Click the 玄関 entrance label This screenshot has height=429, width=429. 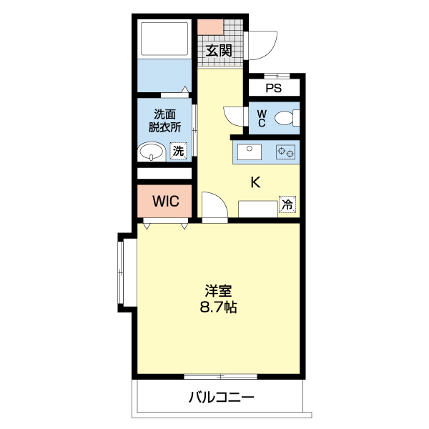click(x=219, y=51)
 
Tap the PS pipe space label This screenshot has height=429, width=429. click(x=274, y=88)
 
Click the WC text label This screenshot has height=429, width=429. click(x=262, y=118)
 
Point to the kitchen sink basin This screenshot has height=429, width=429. click(x=250, y=152)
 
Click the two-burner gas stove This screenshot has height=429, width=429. click(x=285, y=152)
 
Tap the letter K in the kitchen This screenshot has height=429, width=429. click(x=255, y=182)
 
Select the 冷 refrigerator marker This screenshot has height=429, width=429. click(x=287, y=204)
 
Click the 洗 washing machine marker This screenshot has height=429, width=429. click(x=178, y=151)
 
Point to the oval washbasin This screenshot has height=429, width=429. click(x=151, y=152)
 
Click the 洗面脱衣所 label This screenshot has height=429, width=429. click(x=164, y=121)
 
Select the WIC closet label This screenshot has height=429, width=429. click(x=166, y=202)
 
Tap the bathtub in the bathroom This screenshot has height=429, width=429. click(x=164, y=39)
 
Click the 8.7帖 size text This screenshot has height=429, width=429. click(x=218, y=307)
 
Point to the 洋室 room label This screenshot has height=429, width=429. click(x=218, y=291)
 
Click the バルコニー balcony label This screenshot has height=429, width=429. click(x=222, y=398)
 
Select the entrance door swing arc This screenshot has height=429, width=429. click(x=270, y=51)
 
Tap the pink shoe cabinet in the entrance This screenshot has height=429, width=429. click(x=210, y=27)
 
